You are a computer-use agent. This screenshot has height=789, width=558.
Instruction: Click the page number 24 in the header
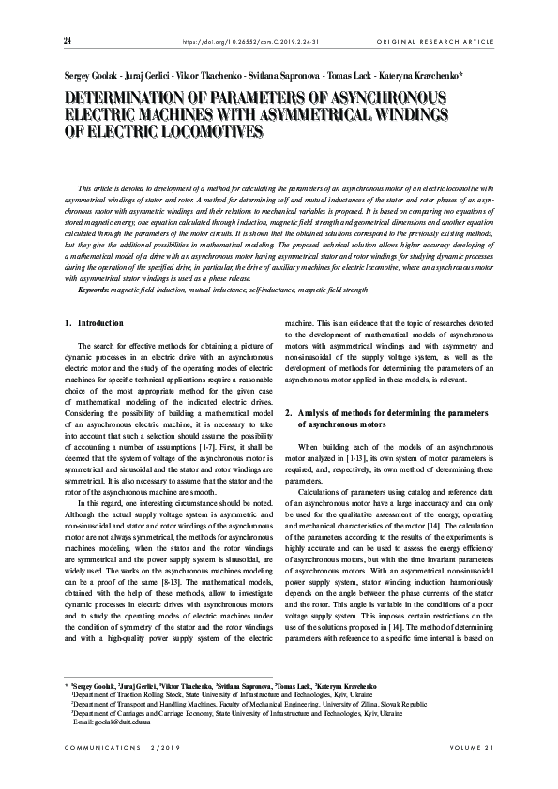tap(68, 40)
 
